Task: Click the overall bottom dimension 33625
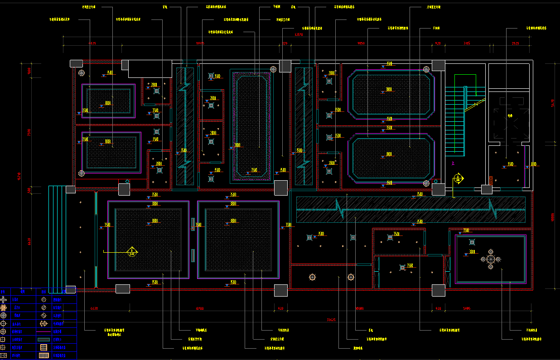coord(331,320)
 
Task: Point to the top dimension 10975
coord(200,43)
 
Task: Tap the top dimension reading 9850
coord(361,43)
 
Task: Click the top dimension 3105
coord(467,43)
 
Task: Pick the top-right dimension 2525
coord(515,43)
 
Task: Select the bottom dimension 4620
coord(94,308)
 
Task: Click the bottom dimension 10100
coord(199,308)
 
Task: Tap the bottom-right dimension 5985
coord(467,308)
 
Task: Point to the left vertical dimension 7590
coord(29,133)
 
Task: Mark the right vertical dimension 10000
coord(552,218)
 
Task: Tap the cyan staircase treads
coord(454,122)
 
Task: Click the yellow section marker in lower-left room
coord(132,251)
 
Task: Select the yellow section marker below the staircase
coord(459,178)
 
